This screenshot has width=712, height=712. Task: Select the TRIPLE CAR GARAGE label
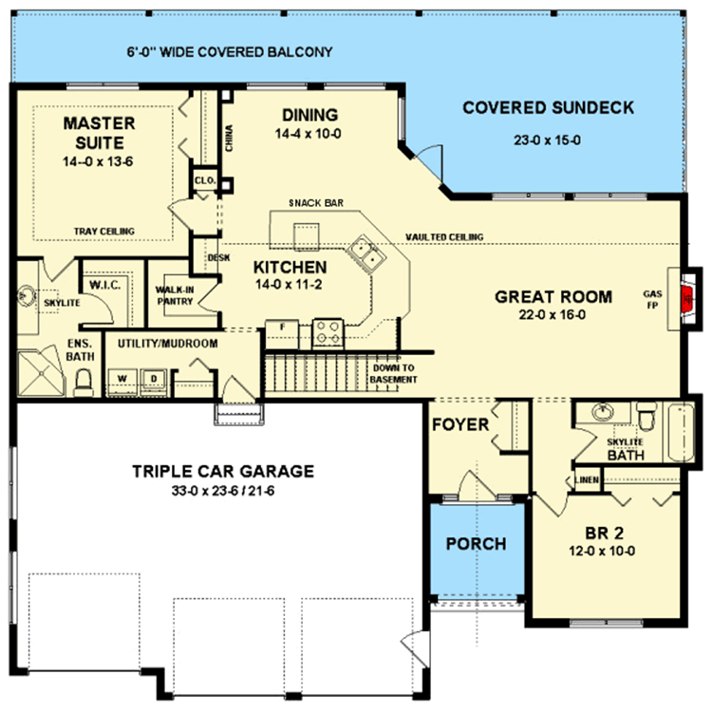tap(223, 471)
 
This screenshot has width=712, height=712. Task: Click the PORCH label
tap(475, 544)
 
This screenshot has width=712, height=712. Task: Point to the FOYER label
tap(459, 423)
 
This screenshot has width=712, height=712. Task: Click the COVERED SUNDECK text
tap(548, 107)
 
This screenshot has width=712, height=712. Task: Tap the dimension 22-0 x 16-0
tap(553, 316)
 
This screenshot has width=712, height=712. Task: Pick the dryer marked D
tap(153, 378)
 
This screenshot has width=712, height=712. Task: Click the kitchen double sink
tap(365, 254)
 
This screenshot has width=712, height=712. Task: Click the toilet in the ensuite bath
tap(83, 383)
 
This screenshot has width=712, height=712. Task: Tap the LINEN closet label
tap(588, 480)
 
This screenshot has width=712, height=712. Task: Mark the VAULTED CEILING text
tap(443, 236)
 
